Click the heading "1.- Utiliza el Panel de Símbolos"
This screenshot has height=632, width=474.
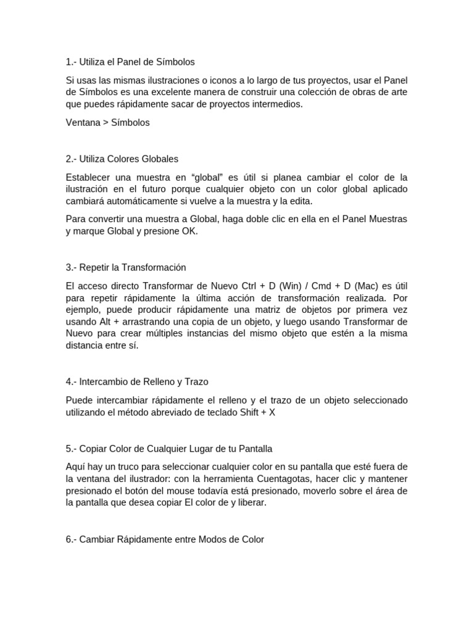[130, 62]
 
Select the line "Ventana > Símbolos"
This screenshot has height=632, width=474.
[107, 122]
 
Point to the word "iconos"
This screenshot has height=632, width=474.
[244, 80]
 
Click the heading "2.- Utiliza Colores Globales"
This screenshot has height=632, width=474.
[122, 159]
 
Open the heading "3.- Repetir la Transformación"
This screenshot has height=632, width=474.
[125, 267]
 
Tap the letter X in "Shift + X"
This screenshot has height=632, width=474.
[272, 412]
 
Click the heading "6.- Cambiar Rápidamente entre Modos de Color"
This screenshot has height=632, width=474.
[165, 539]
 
